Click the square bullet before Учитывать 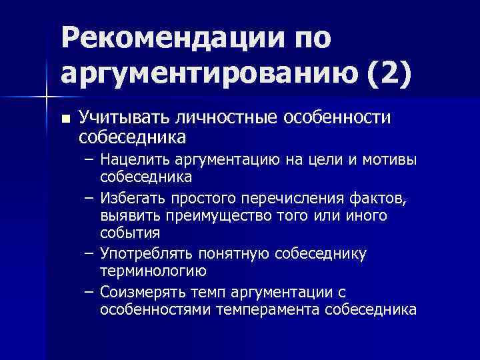coord(64,119)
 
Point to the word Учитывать coord(124,119)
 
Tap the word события coord(130,233)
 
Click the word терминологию coord(153,271)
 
